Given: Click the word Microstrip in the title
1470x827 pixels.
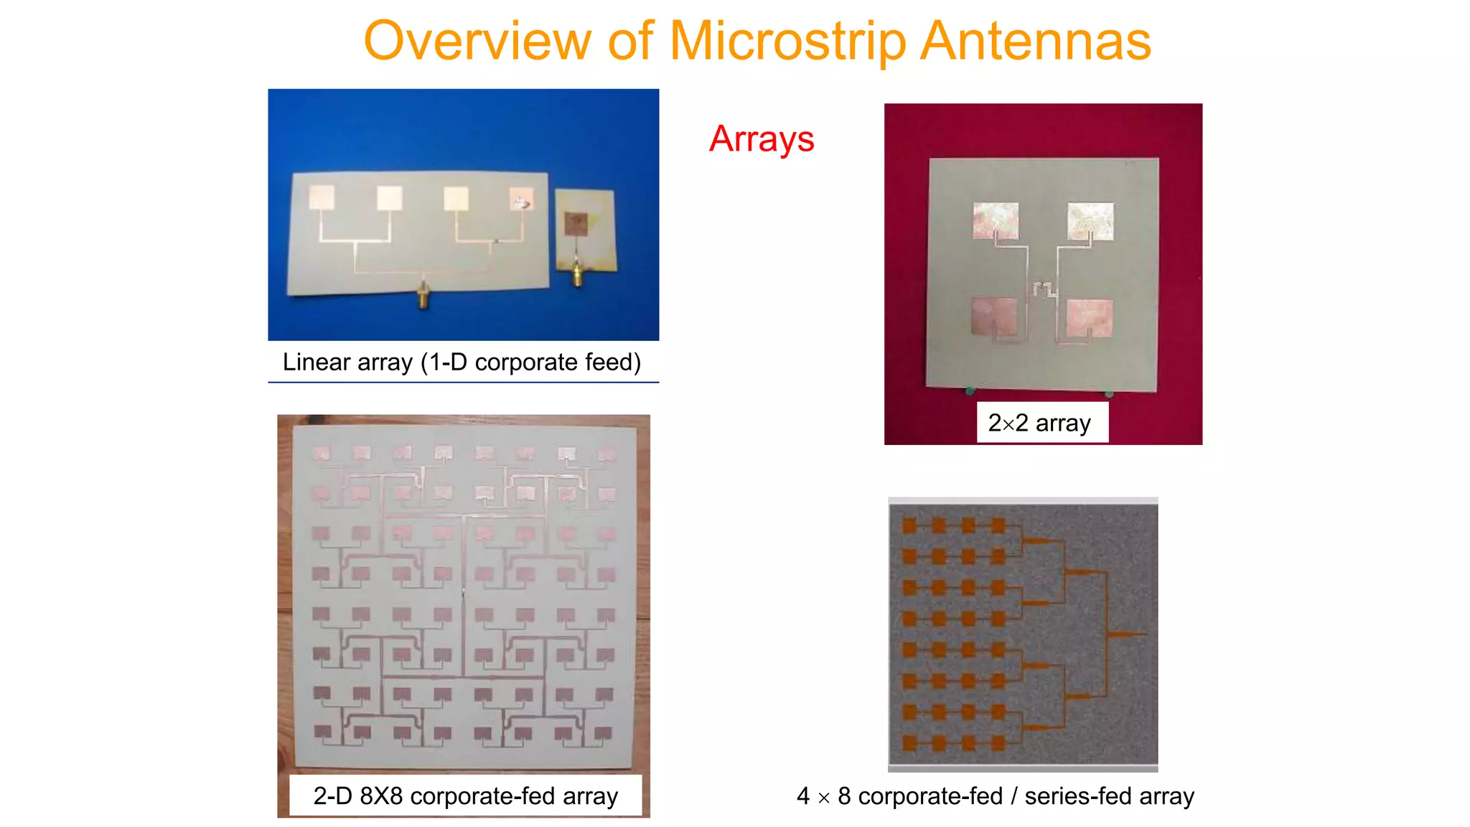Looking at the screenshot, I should pos(787,41).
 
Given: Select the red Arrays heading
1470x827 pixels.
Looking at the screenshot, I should pos(762,139).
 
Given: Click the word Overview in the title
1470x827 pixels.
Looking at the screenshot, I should pos(477,41).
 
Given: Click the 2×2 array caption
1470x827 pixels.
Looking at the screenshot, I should pos(1041,423).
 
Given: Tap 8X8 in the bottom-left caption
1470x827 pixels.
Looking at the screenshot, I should pos(381,796).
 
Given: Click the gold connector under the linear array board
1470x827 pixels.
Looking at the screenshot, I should pos(423,295).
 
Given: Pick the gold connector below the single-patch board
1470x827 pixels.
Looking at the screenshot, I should pos(577,274).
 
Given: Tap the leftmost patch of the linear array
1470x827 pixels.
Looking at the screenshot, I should pos(322,197).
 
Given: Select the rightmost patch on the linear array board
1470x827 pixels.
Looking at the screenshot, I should pos(522,198).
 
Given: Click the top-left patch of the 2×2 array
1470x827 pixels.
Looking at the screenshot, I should pos(996,220).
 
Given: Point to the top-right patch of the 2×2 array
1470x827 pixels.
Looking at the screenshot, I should pos(1090,220).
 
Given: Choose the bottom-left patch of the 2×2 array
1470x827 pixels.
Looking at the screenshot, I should pos(994,316).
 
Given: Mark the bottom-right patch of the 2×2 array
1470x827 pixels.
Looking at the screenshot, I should pos(1090,318).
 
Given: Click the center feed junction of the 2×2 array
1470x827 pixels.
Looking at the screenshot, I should pos(1043,289).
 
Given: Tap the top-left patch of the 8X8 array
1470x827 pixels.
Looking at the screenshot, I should pos(321,453).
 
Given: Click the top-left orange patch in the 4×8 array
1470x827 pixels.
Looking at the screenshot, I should pos(910,525).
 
